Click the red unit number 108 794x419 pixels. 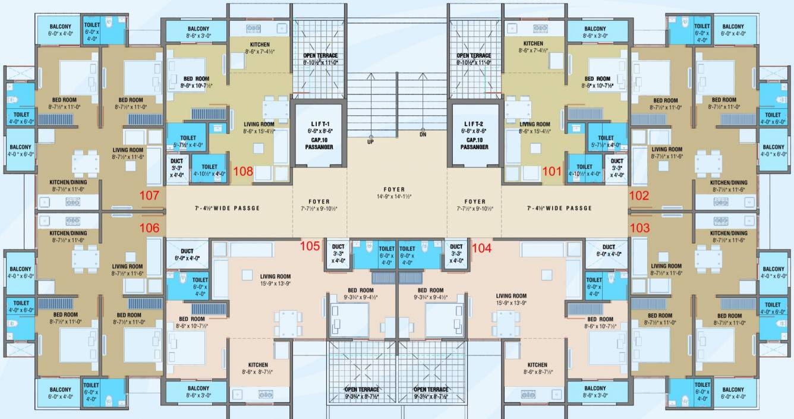coord(244,172)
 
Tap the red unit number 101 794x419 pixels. coord(552,172)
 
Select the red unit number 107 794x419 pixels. coord(149,195)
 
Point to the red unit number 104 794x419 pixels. coord(481,248)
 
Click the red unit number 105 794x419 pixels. coord(310,245)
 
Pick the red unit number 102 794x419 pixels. coord(639,195)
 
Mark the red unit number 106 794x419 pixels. coord(149,227)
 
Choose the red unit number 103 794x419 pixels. coord(639,227)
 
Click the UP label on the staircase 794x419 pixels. coord(370,142)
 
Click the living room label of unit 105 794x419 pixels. coord(275,276)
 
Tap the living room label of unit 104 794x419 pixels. coord(511,296)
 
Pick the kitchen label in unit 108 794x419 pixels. coord(260,45)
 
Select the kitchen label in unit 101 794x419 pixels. coord(533,43)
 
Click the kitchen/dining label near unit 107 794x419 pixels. coord(67,182)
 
